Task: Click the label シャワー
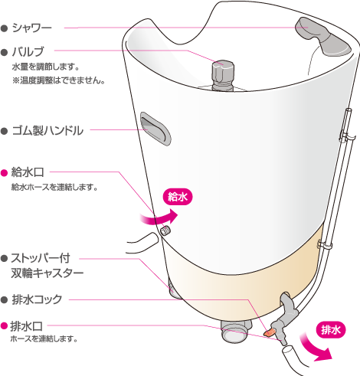pyautogui.click(x=31, y=28)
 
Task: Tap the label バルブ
pyautogui.click(x=28, y=52)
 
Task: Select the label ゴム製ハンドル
pyautogui.click(x=47, y=130)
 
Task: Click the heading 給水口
pyautogui.click(x=28, y=172)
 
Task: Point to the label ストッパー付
pyautogui.click(x=41, y=258)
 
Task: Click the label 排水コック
pyautogui.click(x=37, y=299)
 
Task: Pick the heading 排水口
pyautogui.click(x=26, y=326)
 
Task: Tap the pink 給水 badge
pyautogui.click(x=178, y=197)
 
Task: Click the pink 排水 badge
pyautogui.click(x=331, y=330)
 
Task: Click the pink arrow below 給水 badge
pyautogui.click(x=159, y=218)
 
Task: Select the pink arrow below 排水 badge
pyautogui.click(x=316, y=348)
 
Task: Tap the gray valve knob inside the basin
pyautogui.click(x=223, y=76)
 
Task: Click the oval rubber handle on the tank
pyautogui.click(x=155, y=129)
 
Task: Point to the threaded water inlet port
pyautogui.click(x=165, y=231)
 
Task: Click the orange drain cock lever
pyautogui.click(x=270, y=332)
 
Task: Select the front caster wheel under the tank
pyautogui.click(x=235, y=332)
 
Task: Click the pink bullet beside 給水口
pyautogui.click(x=5, y=173)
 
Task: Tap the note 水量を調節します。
pyautogui.click(x=45, y=67)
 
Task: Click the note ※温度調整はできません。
pyautogui.click(x=58, y=80)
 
